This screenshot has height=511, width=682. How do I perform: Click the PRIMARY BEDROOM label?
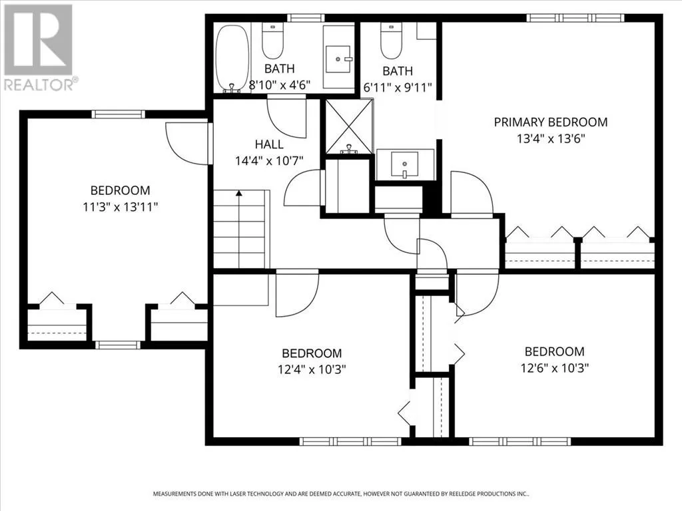pyautogui.click(x=551, y=122)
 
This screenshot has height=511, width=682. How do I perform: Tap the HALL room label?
pyautogui.click(x=269, y=144)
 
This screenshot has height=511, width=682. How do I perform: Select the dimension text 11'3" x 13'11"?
pyautogui.click(x=120, y=207)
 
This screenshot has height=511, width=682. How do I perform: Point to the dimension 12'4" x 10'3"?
pyautogui.click(x=312, y=369)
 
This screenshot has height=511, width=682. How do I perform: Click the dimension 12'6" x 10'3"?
pyautogui.click(x=554, y=368)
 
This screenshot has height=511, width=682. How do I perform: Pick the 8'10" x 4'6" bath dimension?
pyautogui.click(x=279, y=85)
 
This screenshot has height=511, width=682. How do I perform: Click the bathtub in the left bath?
pyautogui.click(x=232, y=59)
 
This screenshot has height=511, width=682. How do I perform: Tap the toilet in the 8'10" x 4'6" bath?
pyautogui.click(x=272, y=41)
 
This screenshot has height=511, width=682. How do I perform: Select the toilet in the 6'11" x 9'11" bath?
pyautogui.click(x=392, y=41)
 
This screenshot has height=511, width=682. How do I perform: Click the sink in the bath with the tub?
pyautogui.click(x=339, y=59)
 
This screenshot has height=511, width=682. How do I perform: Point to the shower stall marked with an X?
pyautogui.click(x=349, y=127)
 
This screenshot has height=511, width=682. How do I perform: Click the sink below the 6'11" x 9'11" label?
pyautogui.click(x=404, y=165)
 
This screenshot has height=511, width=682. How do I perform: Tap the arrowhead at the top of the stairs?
pyautogui.click(x=238, y=193)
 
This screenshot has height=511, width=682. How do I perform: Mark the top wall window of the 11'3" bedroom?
pyautogui.click(x=118, y=114)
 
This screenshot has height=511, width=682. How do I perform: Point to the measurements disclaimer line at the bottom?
pyautogui.click(x=341, y=494)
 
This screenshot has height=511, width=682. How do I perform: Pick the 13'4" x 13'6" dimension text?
pyautogui.click(x=551, y=138)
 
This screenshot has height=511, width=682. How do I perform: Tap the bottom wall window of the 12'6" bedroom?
pyautogui.click(x=520, y=442)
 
